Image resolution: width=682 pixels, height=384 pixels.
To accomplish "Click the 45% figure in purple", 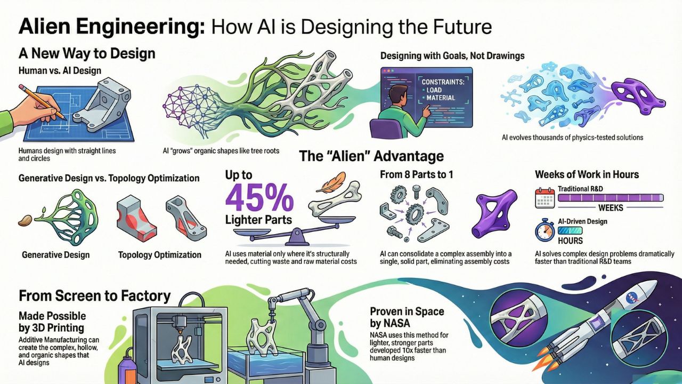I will point(259,198).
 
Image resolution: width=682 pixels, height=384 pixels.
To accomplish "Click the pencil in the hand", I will point(43,100).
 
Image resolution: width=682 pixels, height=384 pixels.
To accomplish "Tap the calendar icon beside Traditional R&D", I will point(545,198).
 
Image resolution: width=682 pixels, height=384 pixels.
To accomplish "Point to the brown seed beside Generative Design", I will point(25,220).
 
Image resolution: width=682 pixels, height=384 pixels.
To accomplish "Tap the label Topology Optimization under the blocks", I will point(160,255).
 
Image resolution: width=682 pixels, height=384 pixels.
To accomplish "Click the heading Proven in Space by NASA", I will point(407,317).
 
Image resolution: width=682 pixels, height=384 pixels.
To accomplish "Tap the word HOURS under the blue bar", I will point(571,240).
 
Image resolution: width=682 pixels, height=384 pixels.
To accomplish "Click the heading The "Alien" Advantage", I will point(371,156).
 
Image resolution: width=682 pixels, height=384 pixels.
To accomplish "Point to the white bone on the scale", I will point(340,201).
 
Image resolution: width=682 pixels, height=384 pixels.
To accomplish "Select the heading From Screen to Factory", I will point(95,295).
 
